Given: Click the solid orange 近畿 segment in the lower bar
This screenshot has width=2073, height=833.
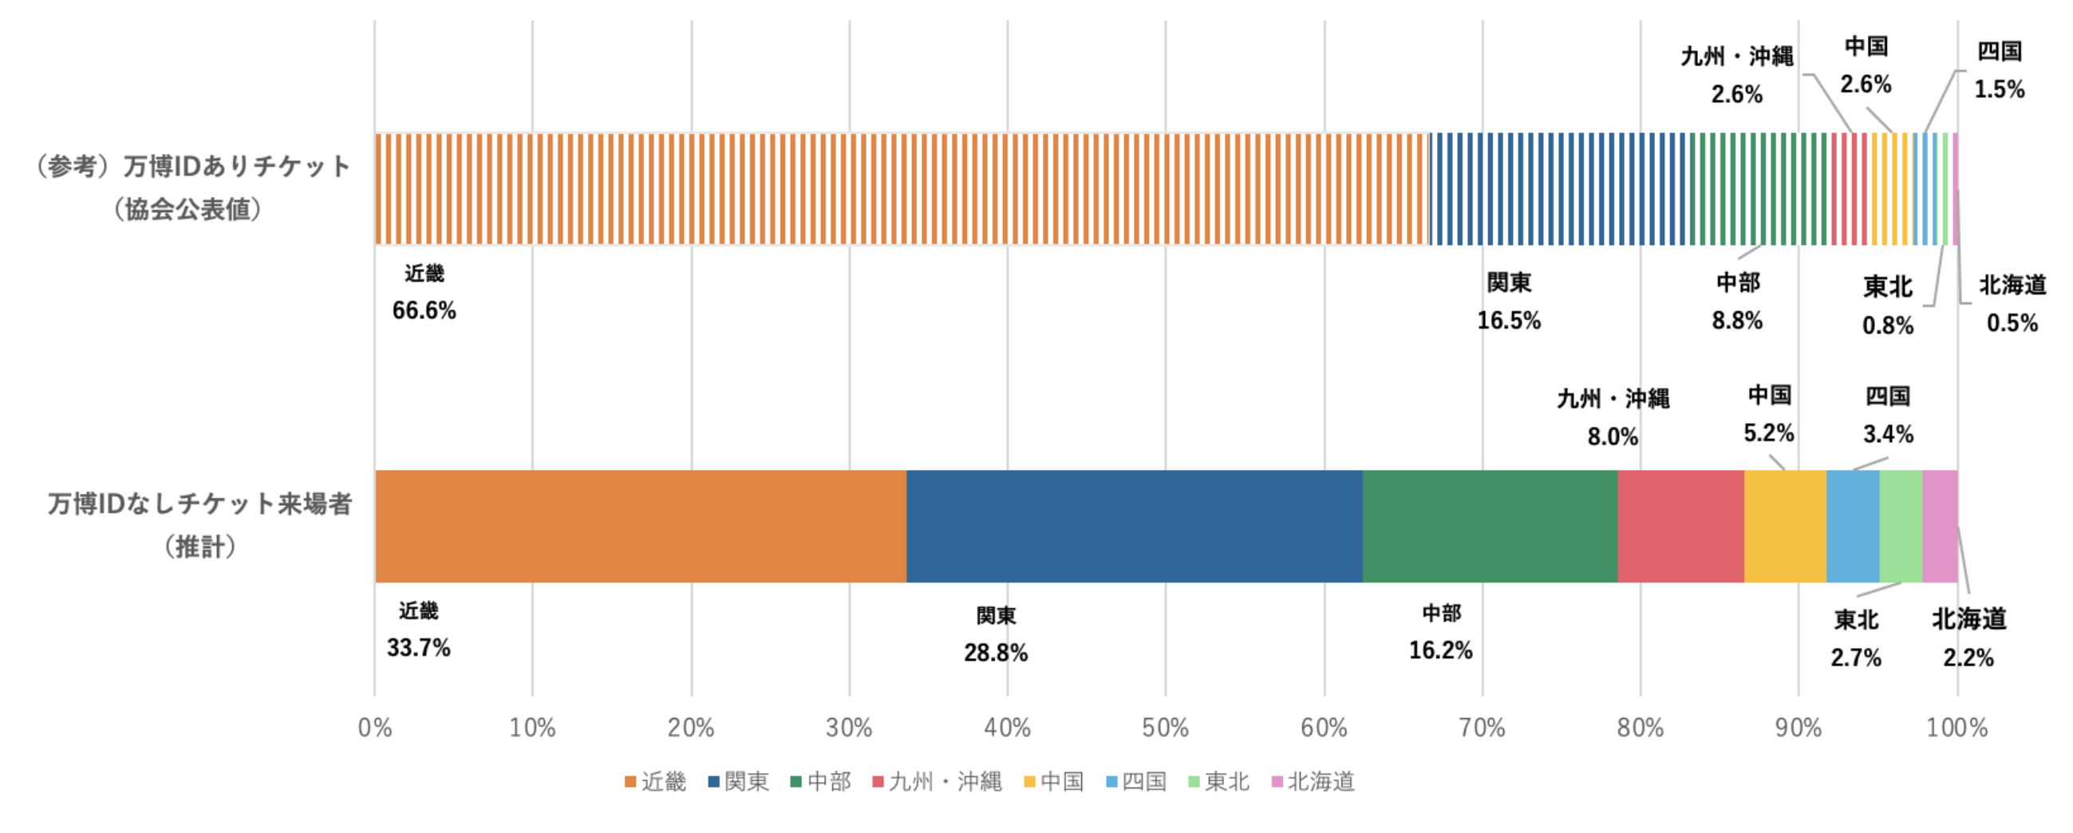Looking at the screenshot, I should (641, 527).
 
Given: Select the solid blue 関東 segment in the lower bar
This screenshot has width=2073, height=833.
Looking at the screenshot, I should (1134, 527).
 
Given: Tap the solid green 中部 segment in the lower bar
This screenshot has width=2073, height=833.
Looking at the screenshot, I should (1490, 527).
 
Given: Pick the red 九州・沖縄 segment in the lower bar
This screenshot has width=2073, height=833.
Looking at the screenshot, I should (1680, 527).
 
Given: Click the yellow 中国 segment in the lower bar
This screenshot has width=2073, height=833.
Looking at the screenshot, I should (1785, 527).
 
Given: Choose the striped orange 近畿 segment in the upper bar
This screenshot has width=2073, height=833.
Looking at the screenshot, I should (902, 189).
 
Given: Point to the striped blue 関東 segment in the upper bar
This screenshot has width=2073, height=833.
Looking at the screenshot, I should (1560, 189).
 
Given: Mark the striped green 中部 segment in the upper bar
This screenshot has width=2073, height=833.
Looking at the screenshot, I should (1760, 189).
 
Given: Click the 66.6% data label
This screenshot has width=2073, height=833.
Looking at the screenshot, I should (424, 310).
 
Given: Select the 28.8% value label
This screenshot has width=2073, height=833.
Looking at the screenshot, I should (996, 653).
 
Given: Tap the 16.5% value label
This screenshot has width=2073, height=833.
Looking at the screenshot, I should (1508, 320).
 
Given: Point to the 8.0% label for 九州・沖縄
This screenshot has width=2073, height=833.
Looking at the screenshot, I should (1612, 437).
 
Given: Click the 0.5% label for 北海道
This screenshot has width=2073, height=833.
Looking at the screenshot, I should (2012, 323).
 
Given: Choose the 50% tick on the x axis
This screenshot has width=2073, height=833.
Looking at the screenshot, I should (1165, 728).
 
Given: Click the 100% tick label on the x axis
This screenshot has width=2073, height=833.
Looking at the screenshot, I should (1957, 728).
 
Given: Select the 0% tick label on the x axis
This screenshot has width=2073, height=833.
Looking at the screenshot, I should (375, 728).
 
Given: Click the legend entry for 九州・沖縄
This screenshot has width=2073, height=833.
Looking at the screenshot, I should (938, 781).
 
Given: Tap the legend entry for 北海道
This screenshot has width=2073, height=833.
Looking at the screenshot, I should (1313, 781).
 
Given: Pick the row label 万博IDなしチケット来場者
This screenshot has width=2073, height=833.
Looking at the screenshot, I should (199, 504).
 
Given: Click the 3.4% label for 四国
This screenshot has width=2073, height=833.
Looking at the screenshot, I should (1888, 435).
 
